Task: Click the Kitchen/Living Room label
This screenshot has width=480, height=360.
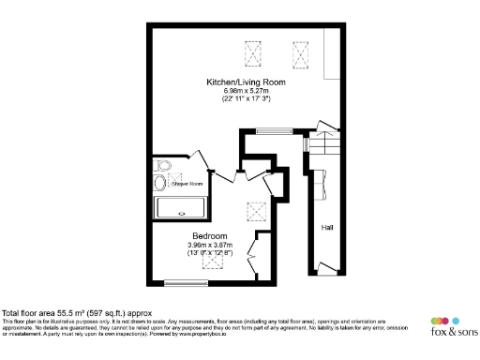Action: [x=246, y=82]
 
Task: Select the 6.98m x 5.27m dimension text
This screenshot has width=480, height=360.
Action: [x=246, y=90]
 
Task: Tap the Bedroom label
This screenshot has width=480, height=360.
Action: [x=210, y=235]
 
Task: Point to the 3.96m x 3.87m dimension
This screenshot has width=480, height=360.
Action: [x=210, y=244]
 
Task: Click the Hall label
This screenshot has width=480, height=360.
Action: [x=327, y=227]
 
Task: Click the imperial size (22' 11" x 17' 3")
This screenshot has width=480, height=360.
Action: [x=246, y=98]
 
